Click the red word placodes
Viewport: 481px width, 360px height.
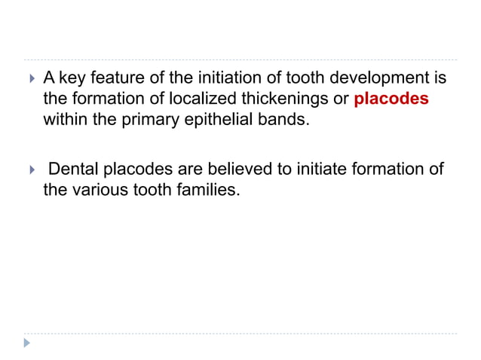[x=391, y=99]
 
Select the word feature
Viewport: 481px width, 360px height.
[x=113, y=78]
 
